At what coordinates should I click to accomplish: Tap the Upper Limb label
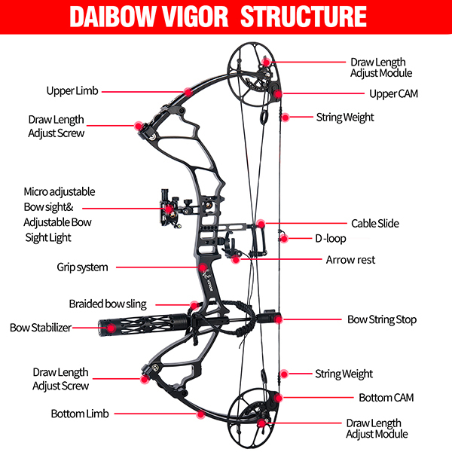tap(71, 90)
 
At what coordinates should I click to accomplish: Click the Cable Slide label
tap(374, 224)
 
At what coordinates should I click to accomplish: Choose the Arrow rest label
tap(350, 260)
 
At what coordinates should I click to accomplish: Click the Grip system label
tap(82, 267)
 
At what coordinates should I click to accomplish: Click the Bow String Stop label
tap(381, 319)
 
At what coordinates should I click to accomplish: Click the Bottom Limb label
tap(80, 414)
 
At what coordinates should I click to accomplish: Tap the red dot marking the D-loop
tap(283, 239)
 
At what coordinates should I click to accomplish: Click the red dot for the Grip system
tap(202, 267)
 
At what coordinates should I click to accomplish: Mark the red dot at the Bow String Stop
tap(278, 319)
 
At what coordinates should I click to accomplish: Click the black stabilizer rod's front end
tap(102, 326)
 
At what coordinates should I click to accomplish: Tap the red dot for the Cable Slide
tap(260, 224)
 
